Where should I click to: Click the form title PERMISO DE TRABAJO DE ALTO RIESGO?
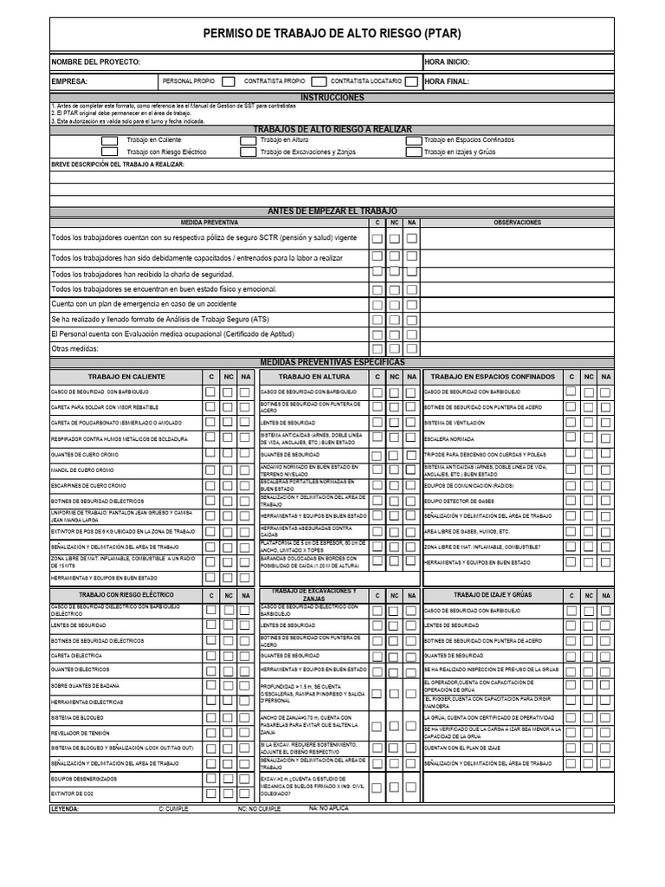(x=332, y=35)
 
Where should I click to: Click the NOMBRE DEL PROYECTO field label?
(x=95, y=62)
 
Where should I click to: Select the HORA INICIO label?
(x=448, y=62)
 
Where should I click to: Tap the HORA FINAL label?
(x=446, y=81)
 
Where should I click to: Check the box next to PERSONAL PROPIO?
(x=228, y=81)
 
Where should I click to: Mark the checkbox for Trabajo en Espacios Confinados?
(x=411, y=139)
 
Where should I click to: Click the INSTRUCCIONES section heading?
(x=332, y=98)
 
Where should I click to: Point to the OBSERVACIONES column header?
(x=517, y=223)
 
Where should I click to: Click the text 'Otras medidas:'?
(x=75, y=349)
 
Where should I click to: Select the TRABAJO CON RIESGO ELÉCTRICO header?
(x=126, y=595)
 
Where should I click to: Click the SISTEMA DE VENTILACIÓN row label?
(x=455, y=423)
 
